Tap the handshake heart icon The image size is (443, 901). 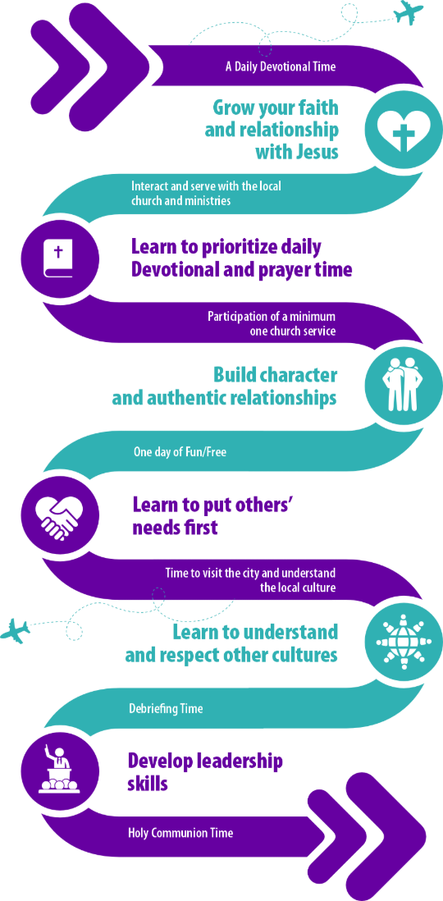[57, 514]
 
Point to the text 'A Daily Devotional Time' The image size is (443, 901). [281, 66]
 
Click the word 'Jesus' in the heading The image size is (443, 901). [313, 153]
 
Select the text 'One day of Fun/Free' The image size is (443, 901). [180, 452]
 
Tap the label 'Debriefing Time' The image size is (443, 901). [166, 708]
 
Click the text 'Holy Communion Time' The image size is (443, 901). [180, 832]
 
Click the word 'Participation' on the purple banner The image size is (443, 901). [235, 317]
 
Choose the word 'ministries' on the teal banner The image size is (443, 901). [213, 199]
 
